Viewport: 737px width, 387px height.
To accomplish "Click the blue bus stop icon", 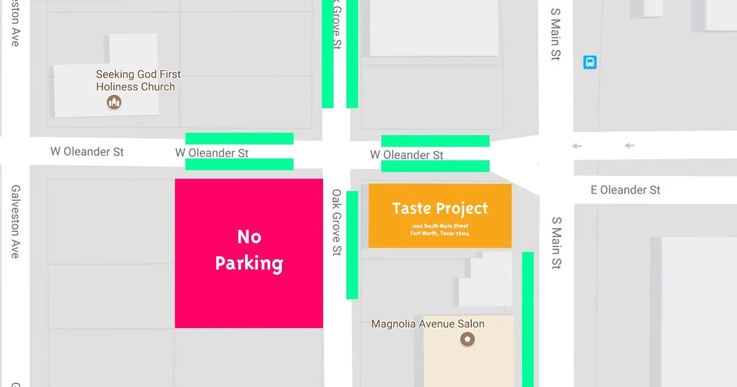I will (x=590, y=62).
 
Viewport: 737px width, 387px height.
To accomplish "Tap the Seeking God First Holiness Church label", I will (x=138, y=80).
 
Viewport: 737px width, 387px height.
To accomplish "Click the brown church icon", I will (x=114, y=102).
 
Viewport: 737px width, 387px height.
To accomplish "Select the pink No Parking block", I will (x=249, y=253).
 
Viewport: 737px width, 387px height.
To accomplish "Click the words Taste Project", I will (x=440, y=208).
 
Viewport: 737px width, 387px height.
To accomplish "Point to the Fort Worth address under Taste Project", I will (x=440, y=230).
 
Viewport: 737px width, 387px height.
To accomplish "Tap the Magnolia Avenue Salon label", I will (x=427, y=324).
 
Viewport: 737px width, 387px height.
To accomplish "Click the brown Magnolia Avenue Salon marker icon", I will (x=467, y=339).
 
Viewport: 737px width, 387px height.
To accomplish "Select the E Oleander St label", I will (x=625, y=190).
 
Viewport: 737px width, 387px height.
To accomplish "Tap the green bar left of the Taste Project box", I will (x=352, y=244).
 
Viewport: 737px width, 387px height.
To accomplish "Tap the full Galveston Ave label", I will (x=16, y=221).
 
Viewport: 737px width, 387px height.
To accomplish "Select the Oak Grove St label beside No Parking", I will (x=337, y=222).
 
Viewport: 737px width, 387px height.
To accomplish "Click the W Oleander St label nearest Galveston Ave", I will (x=87, y=151).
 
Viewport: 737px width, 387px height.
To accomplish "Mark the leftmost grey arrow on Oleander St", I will (x=575, y=146).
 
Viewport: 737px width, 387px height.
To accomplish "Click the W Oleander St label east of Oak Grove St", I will (x=407, y=155).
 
